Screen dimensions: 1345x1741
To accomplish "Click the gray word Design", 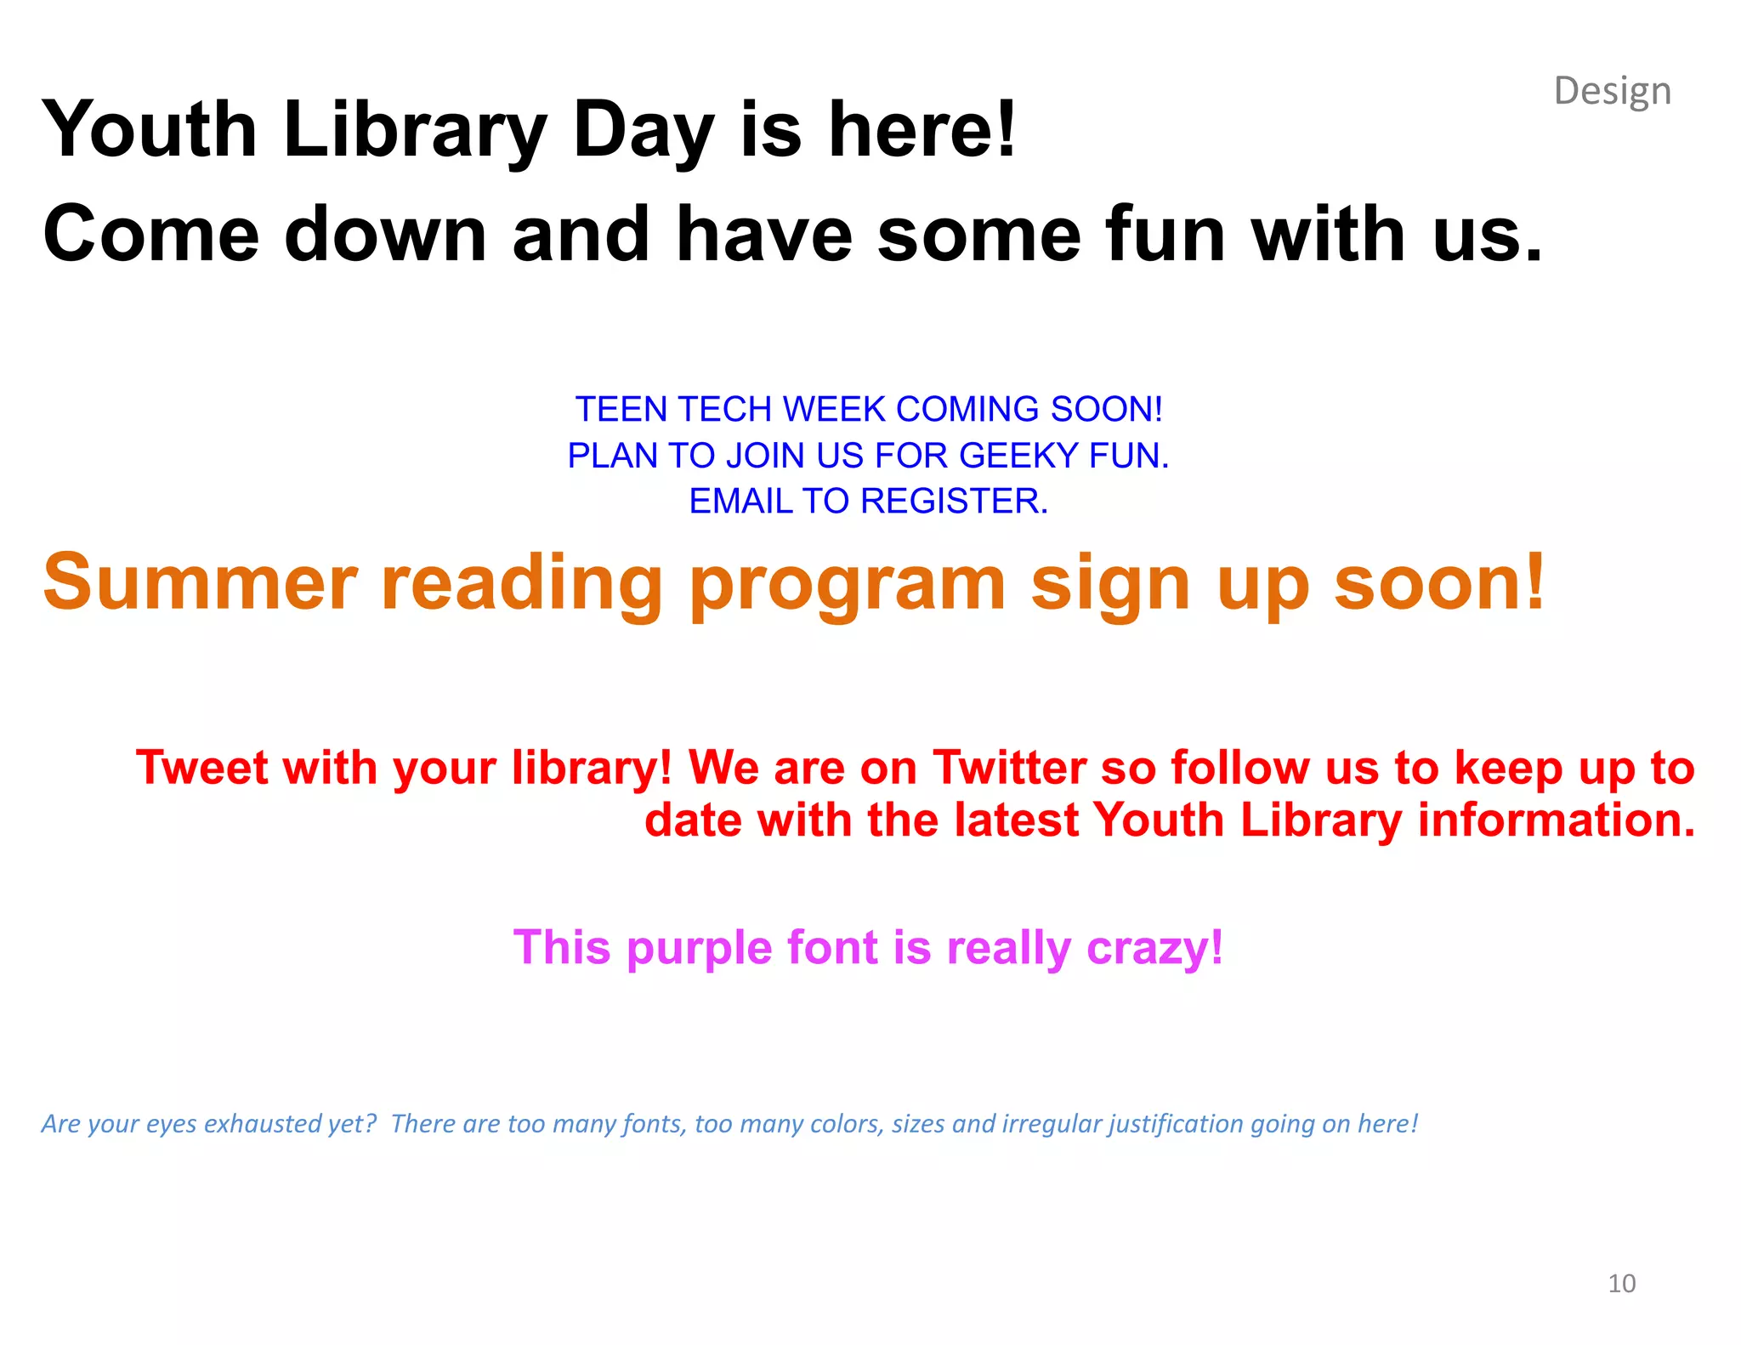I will tap(1612, 91).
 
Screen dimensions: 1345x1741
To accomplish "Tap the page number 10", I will tap(1621, 1283).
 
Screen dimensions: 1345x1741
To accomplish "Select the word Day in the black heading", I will tap(644, 132).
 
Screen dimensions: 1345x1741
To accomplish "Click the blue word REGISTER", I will tap(954, 501).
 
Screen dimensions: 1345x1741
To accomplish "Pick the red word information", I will tap(1556, 820).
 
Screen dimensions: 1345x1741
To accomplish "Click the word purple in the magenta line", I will tap(698, 949).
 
